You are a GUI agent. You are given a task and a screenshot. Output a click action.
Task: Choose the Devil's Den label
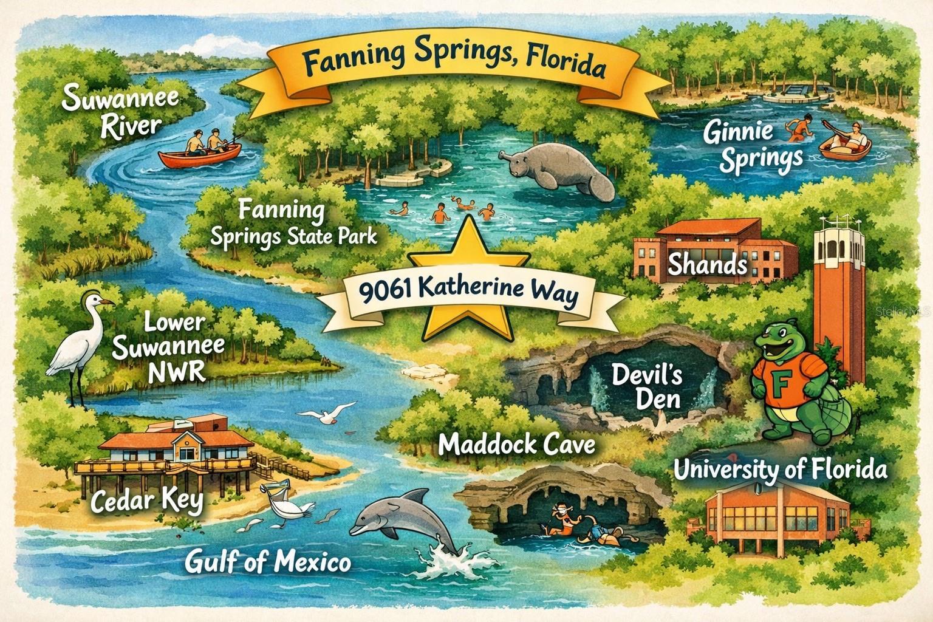pyautogui.click(x=646, y=386)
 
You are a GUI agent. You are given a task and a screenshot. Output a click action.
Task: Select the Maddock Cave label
pyautogui.click(x=516, y=445)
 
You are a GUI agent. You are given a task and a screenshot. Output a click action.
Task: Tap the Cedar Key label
pyautogui.click(x=147, y=501)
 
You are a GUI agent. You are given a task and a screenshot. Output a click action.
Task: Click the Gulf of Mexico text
pyautogui.click(x=267, y=561)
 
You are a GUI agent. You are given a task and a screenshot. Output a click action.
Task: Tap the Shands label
pyautogui.click(x=708, y=264)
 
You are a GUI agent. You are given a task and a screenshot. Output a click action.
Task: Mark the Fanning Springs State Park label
pyautogui.click(x=292, y=223)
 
